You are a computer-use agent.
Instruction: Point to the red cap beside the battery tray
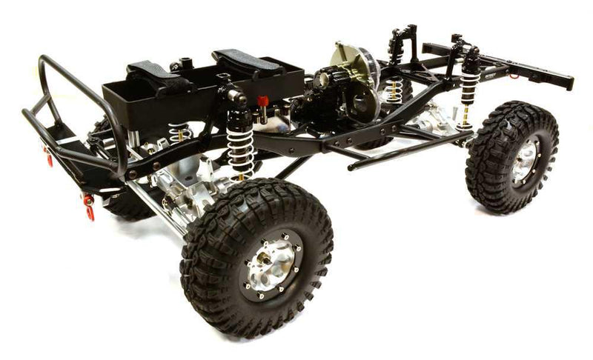tap(262, 101)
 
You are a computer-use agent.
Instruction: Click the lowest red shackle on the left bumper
tap(90, 213)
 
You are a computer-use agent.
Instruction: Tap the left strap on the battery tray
tap(159, 77)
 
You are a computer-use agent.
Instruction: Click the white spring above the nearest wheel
tap(242, 149)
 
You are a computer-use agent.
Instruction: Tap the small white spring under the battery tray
tap(178, 133)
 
